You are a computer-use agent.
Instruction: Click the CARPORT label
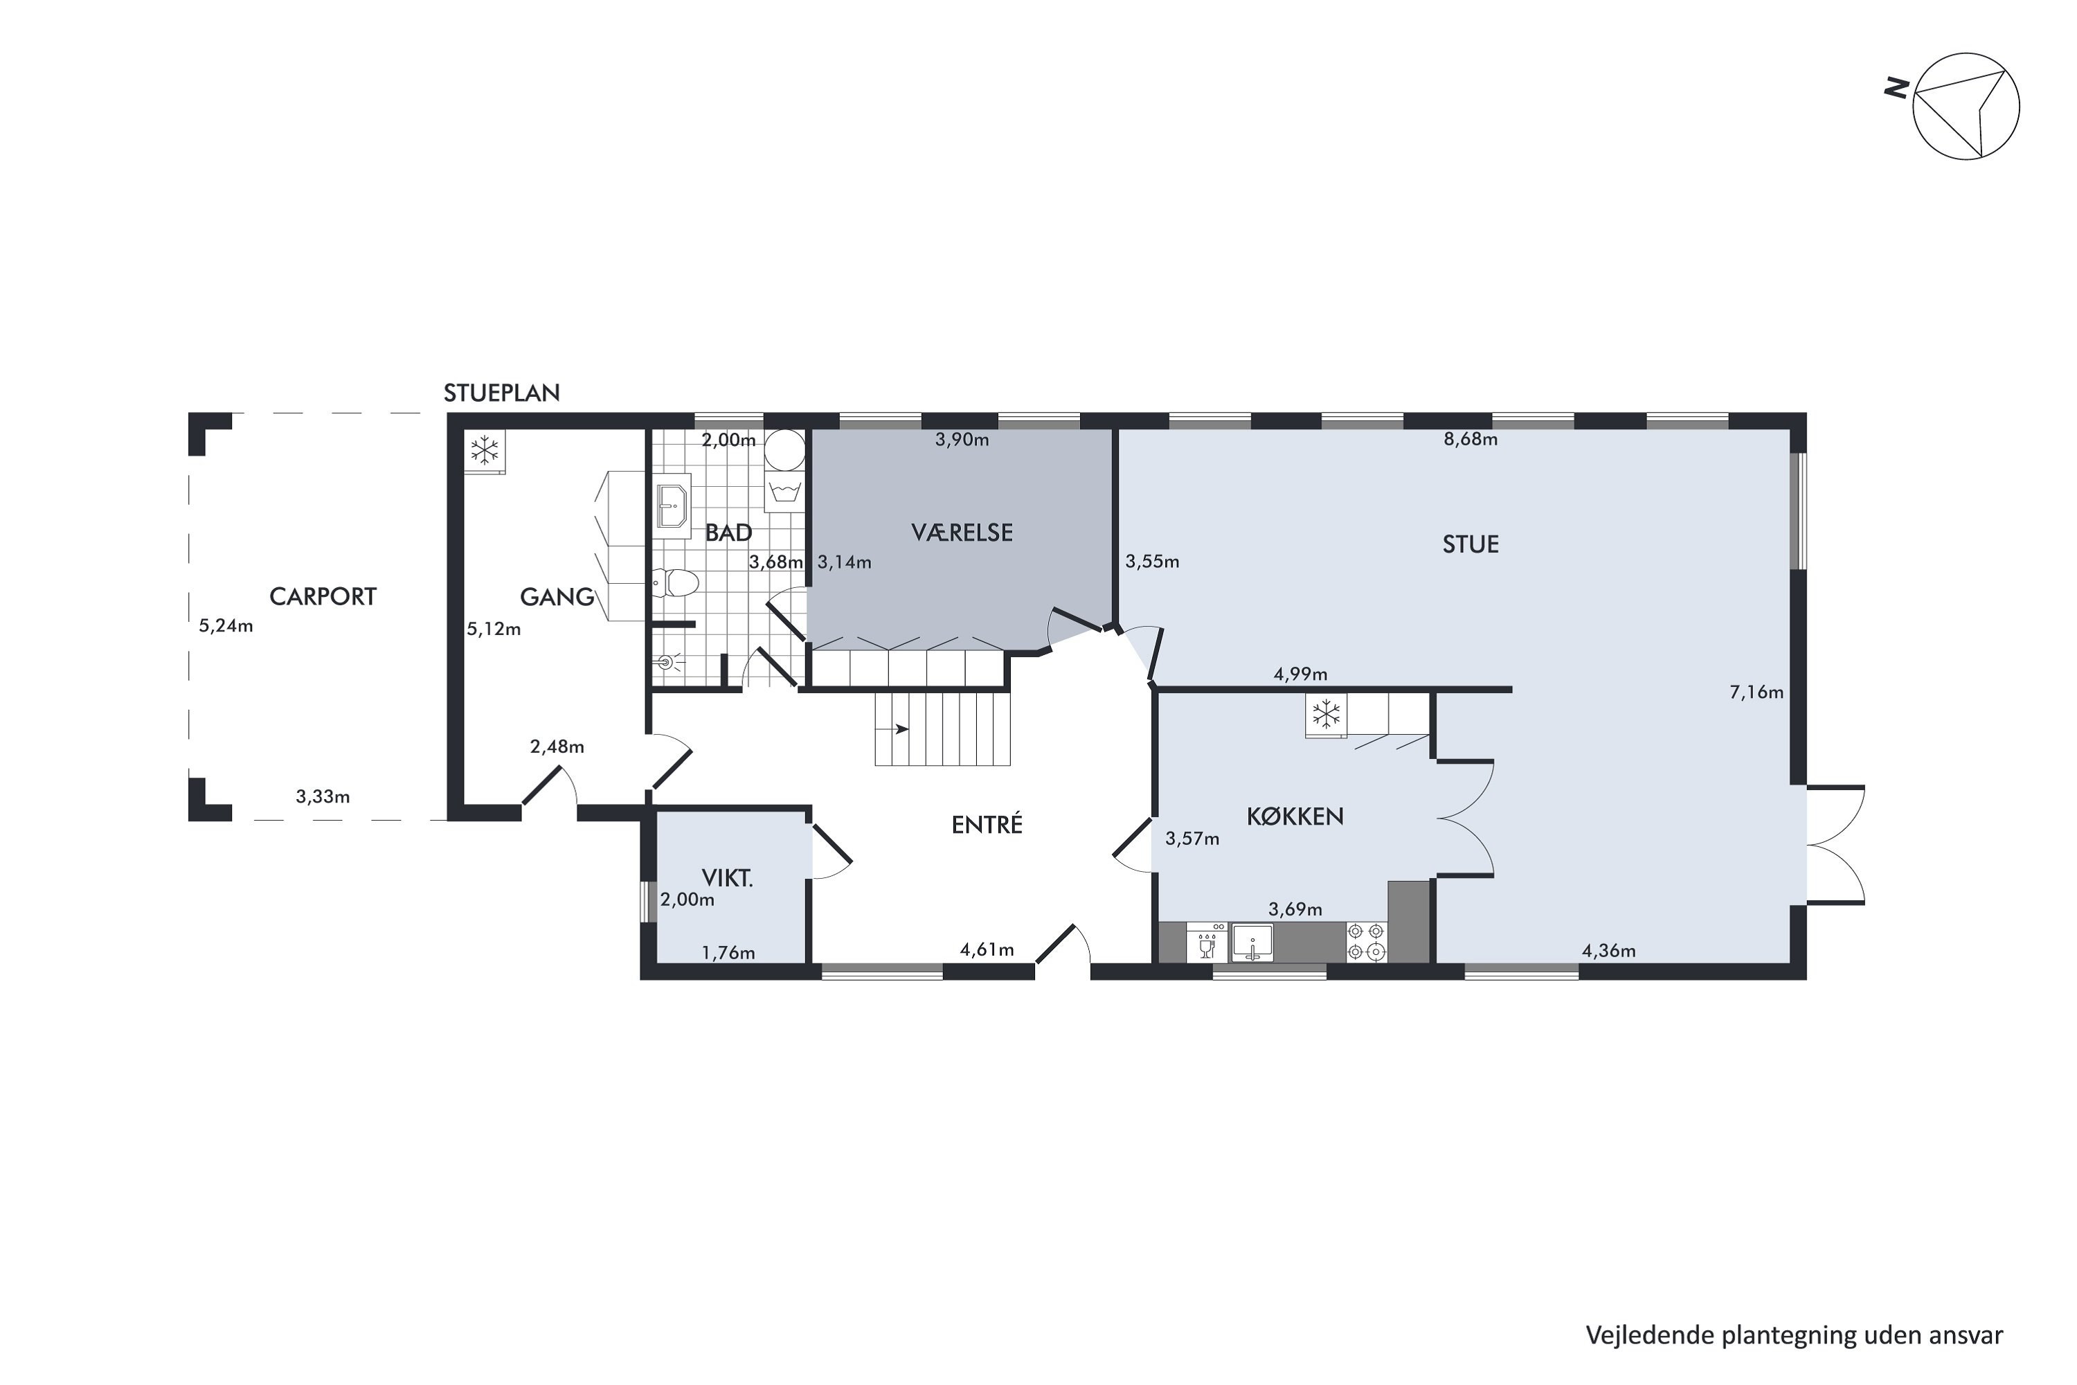323,597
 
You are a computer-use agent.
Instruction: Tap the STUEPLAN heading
501,393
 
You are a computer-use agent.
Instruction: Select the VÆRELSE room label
962,533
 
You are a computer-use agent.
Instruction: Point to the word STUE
1471,544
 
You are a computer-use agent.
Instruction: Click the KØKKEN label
1295,816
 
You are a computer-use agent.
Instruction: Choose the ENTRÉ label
987,824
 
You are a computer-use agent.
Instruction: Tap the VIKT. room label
727,878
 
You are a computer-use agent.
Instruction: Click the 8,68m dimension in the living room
1471,439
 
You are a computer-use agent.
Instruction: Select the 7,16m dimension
1756,692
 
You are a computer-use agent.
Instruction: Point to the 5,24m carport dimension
226,626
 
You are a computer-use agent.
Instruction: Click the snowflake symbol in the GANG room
484,451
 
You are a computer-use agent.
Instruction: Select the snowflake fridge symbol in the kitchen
1326,714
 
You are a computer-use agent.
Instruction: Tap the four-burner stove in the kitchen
1366,942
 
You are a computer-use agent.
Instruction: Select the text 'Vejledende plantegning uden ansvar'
1794,1336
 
